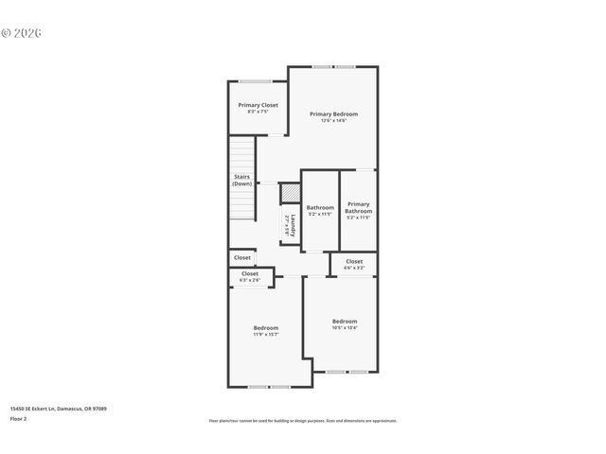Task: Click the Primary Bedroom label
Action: click(333, 113)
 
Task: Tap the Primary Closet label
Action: click(258, 105)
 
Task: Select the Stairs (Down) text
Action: click(242, 180)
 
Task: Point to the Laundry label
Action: click(292, 225)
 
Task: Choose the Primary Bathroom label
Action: click(358, 207)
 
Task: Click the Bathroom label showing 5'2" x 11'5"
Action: click(320, 207)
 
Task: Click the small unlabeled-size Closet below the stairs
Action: click(242, 257)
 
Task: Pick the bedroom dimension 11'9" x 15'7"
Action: click(265, 334)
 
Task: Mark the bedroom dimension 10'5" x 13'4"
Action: click(344, 328)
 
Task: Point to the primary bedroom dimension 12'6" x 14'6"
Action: click(333, 120)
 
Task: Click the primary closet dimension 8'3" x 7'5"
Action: click(258, 112)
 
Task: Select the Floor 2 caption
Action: click(19, 418)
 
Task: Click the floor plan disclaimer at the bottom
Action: click(303, 421)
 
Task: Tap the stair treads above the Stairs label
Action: click(242, 151)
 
